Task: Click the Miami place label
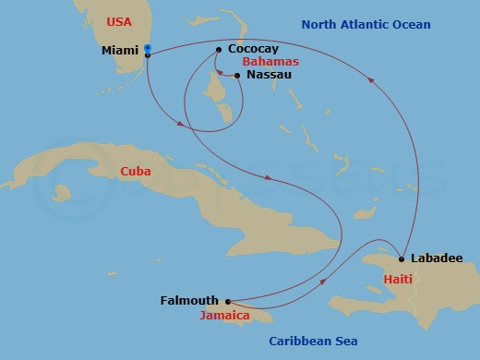121,52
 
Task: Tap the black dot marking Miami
148,55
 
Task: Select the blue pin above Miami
148,47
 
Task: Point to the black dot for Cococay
218,50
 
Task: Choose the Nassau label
269,75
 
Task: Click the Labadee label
438,258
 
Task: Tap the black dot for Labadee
402,258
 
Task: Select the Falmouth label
189,301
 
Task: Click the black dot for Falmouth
227,301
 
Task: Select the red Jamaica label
225,316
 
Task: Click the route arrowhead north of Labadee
372,79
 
